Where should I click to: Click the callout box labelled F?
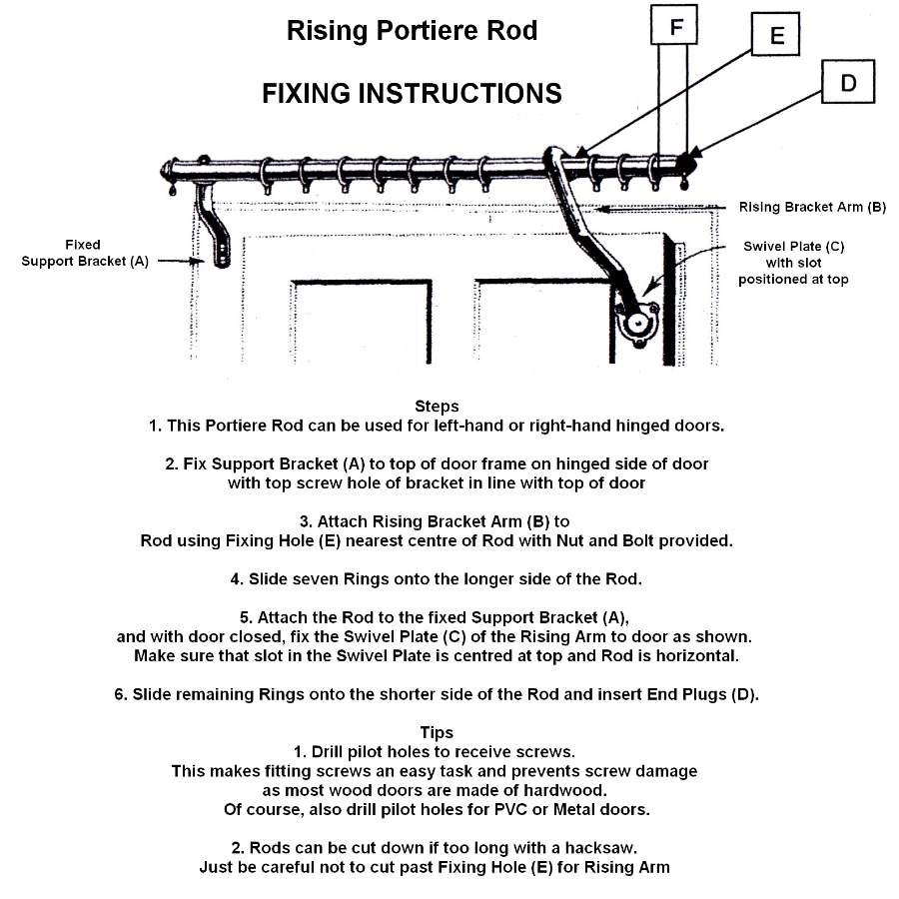[676, 27]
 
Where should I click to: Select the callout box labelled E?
[777, 38]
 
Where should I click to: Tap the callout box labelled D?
[848, 83]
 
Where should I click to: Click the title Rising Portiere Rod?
[412, 31]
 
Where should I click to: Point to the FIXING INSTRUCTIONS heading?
[412, 94]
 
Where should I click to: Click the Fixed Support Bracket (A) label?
[99, 253]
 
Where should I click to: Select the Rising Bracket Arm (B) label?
[812, 208]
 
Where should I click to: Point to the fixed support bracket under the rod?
[216, 224]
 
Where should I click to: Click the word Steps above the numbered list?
[437, 407]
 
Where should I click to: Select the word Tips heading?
[437, 733]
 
